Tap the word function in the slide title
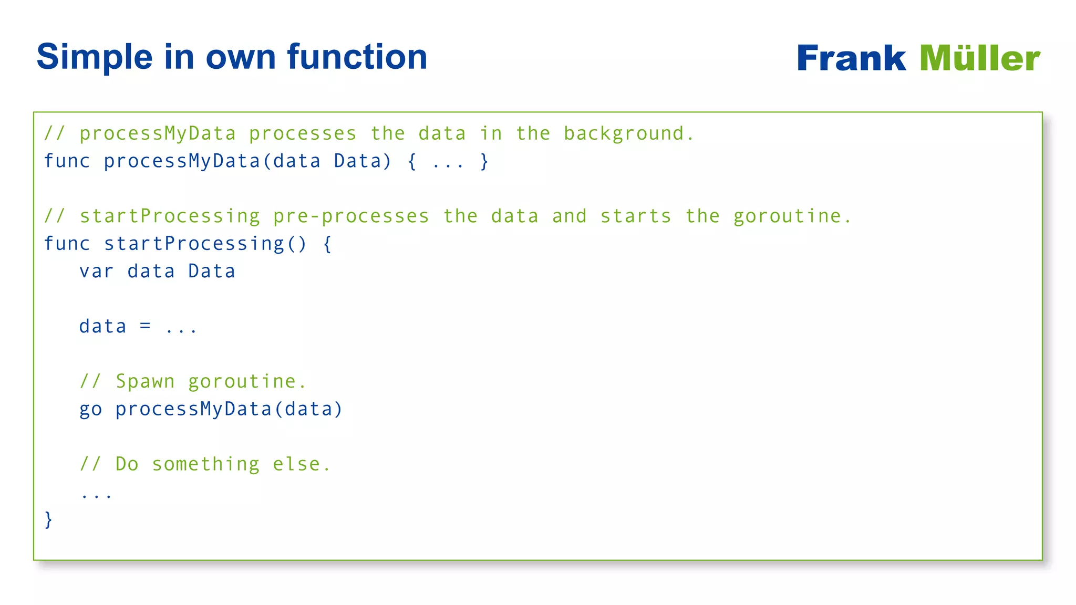[x=357, y=57]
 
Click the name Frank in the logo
[x=851, y=58]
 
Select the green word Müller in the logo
[x=979, y=58]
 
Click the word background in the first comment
[x=628, y=134]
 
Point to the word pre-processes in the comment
[x=351, y=216]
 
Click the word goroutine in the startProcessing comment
[x=791, y=216]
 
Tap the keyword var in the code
[x=96, y=272]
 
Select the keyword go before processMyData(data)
[x=90, y=410]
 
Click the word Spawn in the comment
[x=145, y=382]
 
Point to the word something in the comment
[x=205, y=464]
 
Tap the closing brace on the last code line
[x=48, y=520]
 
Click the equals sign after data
[x=146, y=327]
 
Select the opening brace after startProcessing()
[x=327, y=244]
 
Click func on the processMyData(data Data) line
[x=67, y=161]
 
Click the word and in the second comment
[x=569, y=216]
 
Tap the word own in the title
[x=240, y=57]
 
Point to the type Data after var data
[x=212, y=272]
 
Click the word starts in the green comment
[x=636, y=216]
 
